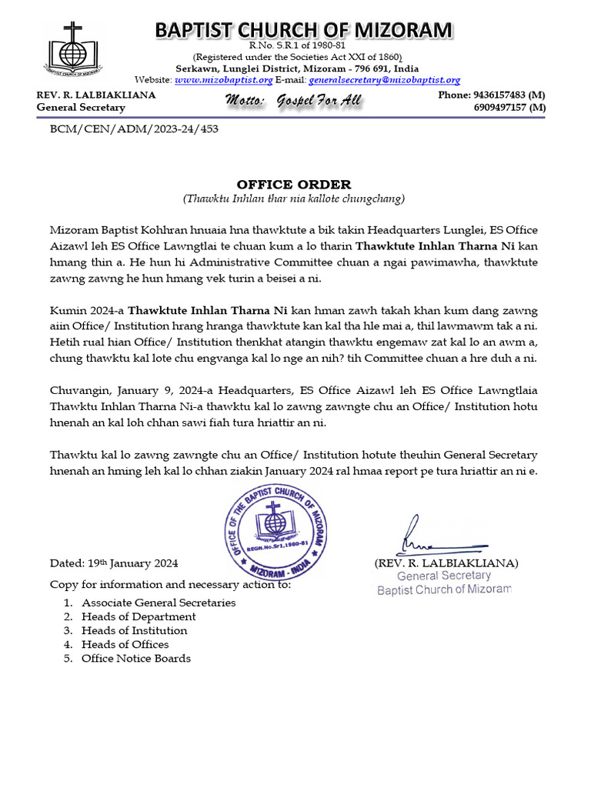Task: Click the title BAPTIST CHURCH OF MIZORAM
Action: tap(304, 29)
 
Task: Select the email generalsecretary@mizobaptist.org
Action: tap(384, 80)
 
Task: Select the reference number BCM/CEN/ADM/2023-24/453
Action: tap(134, 129)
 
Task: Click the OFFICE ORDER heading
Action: tap(294, 185)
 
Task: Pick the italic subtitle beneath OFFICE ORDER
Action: tap(294, 199)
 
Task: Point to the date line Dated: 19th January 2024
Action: tap(114, 563)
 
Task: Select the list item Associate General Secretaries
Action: tap(159, 603)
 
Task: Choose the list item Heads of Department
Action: tap(139, 616)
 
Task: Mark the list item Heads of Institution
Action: tap(135, 630)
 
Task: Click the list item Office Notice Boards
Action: tap(136, 658)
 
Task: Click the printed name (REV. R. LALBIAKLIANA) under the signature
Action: tap(446, 563)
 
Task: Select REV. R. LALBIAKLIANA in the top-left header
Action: tap(96, 95)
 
